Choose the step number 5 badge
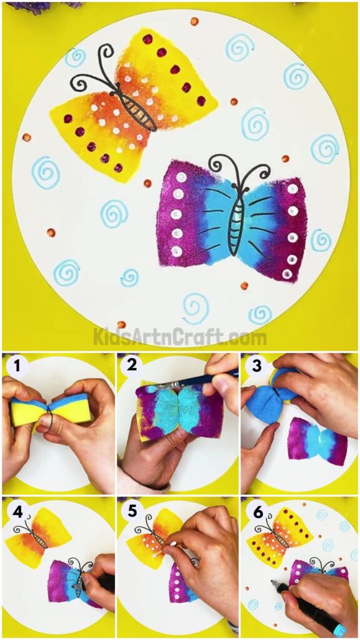[x=132, y=511]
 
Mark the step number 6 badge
[x=255, y=511]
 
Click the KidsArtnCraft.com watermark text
[x=180, y=337]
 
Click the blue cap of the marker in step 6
[x=340, y=629]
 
